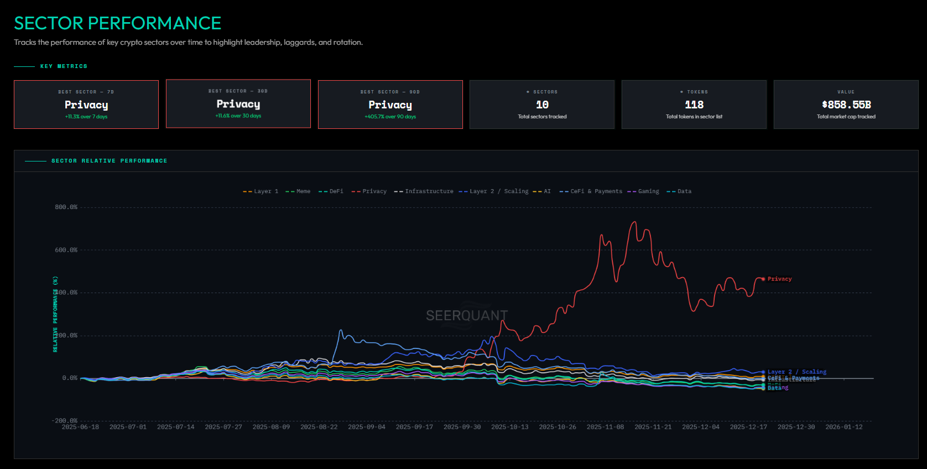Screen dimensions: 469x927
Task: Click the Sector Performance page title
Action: click(117, 23)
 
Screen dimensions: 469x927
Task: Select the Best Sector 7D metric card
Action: click(86, 105)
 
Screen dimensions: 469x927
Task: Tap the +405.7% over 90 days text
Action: click(390, 117)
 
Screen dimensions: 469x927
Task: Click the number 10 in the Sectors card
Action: click(542, 105)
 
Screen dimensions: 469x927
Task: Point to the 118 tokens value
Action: click(694, 105)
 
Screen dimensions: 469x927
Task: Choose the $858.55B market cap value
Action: click(846, 105)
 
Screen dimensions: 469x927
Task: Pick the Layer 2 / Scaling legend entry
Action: click(494, 191)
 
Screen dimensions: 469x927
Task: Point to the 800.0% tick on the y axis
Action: click(66, 207)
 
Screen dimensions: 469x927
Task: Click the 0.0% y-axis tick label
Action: click(70, 378)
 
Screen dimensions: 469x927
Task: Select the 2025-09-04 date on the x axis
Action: click(366, 427)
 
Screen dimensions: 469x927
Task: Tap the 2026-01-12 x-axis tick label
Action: click(843, 427)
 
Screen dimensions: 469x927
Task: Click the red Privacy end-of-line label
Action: click(779, 279)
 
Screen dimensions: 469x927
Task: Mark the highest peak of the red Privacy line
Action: click(634, 222)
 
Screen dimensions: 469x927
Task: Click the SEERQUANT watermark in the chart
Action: click(466, 316)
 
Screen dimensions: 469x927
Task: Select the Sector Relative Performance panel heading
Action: click(109, 161)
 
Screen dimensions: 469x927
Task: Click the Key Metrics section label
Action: click(64, 66)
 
